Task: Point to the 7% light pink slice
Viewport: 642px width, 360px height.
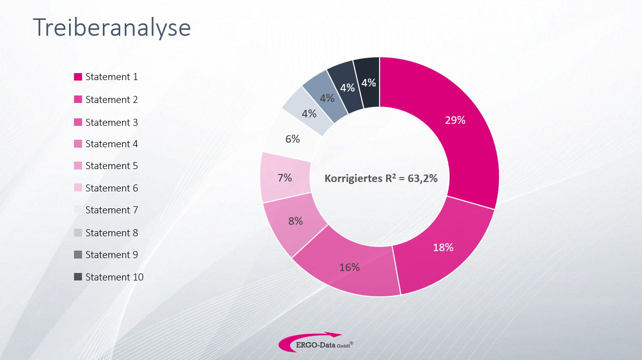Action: point(285,178)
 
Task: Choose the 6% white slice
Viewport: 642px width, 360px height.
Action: point(291,138)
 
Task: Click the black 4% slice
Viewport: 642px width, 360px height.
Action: point(368,83)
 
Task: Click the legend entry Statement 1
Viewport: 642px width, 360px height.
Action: point(106,77)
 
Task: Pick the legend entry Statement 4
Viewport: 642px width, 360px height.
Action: point(106,144)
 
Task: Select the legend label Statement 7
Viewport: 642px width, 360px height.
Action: point(112,210)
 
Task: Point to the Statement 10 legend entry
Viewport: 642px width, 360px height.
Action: point(109,277)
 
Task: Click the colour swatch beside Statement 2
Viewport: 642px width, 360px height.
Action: point(78,99)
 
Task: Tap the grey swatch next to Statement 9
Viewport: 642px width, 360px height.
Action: point(78,255)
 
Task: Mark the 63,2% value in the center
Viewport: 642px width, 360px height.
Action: point(423,179)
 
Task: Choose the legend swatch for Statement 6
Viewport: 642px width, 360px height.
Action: point(78,187)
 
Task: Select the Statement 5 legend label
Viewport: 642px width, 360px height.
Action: point(112,166)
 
